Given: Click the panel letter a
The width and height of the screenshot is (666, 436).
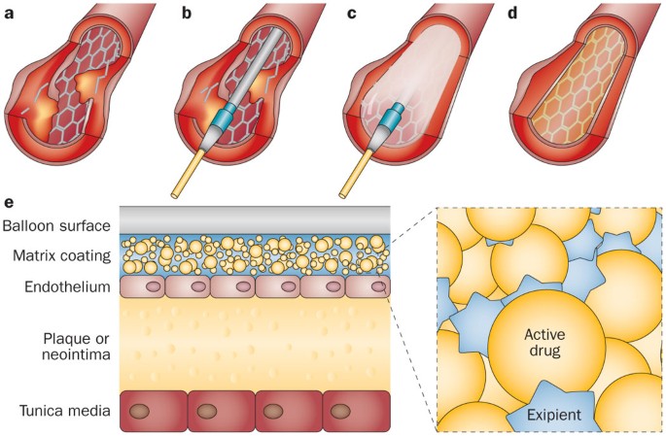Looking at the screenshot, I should [8, 13].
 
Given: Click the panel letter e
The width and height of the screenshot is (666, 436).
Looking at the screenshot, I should [9, 203].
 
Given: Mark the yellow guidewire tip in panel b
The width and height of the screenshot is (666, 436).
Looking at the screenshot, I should [177, 191].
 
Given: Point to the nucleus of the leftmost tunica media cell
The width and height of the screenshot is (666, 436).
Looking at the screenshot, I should [152, 411].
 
